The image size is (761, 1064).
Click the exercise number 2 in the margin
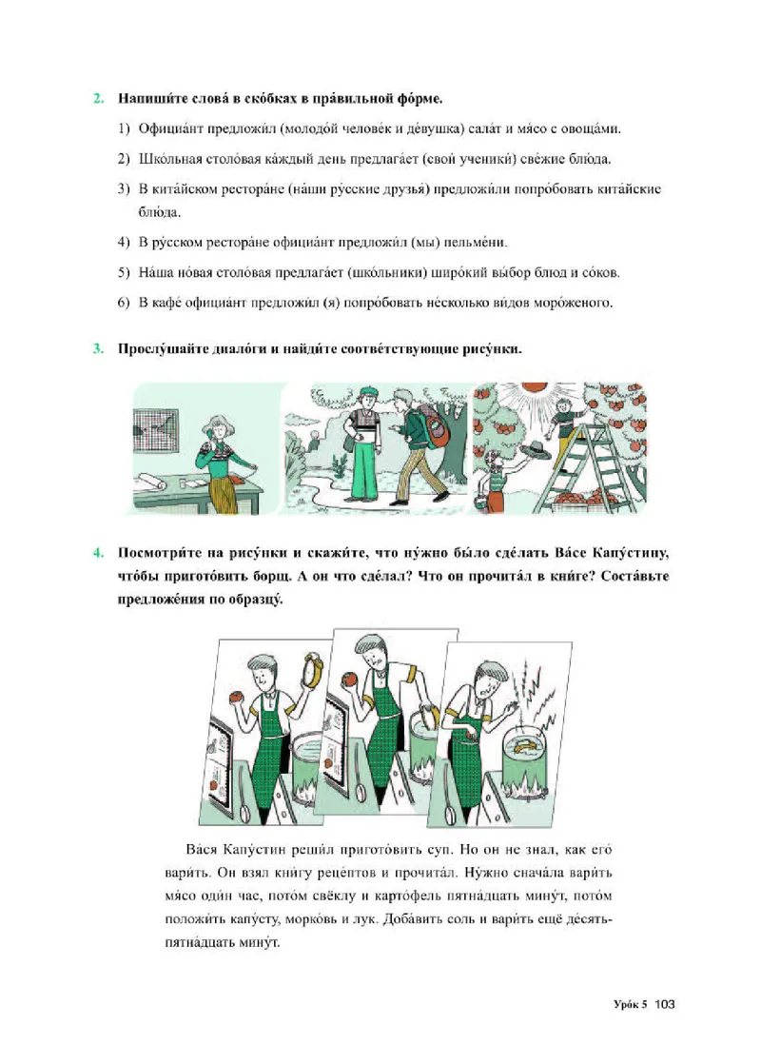97,98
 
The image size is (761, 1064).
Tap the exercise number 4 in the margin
97,553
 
